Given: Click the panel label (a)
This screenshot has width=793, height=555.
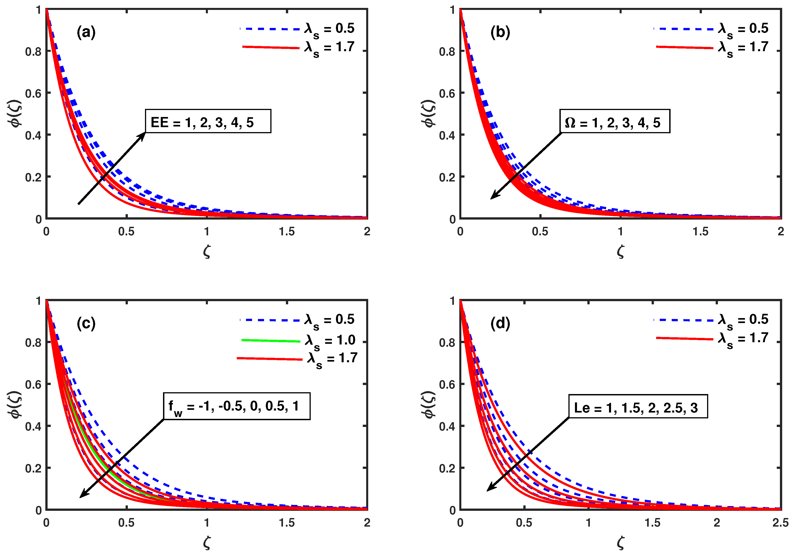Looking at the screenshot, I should pyautogui.click(x=86, y=32).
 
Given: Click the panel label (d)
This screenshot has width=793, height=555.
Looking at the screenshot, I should pyautogui.click(x=500, y=324).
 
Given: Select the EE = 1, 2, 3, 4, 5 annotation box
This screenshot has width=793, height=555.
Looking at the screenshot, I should pyautogui.click(x=208, y=122).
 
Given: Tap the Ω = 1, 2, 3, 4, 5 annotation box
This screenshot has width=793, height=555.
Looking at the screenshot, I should pyautogui.click(x=614, y=122).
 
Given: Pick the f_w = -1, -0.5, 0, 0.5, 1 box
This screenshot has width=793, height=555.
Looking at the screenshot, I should pyautogui.click(x=237, y=406).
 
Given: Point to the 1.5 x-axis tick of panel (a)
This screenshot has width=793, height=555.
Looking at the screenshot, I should pyautogui.click(x=287, y=231).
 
